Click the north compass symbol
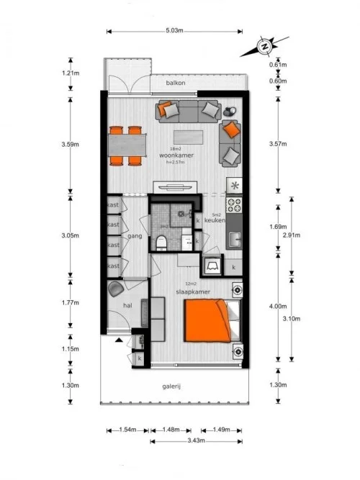click(265, 48)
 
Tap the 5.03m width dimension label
click(174, 31)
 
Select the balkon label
click(176, 83)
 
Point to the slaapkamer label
click(193, 292)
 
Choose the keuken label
click(215, 219)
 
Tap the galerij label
click(171, 386)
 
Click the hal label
click(127, 306)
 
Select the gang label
click(133, 235)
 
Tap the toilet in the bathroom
click(161, 243)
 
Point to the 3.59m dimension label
click(69, 144)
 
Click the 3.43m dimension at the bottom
click(195, 440)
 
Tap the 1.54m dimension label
click(127, 430)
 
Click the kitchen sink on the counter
click(235, 239)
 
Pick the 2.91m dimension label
click(292, 235)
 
